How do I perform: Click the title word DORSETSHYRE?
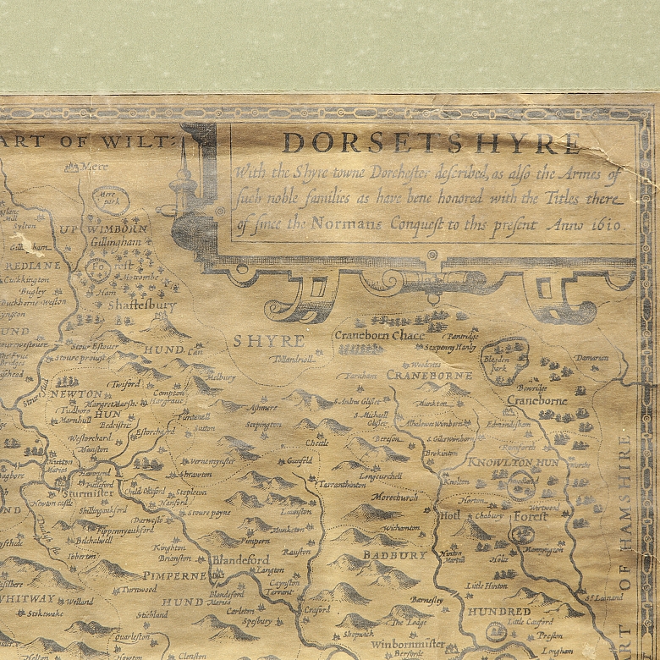(x=432, y=142)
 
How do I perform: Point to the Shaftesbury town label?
(x=142, y=305)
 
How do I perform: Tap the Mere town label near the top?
(x=95, y=167)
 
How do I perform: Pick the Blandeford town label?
(x=240, y=559)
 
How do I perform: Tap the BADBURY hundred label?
(x=395, y=555)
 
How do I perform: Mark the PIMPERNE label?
(x=174, y=575)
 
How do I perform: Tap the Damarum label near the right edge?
(x=591, y=358)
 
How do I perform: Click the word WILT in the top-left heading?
(x=151, y=141)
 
